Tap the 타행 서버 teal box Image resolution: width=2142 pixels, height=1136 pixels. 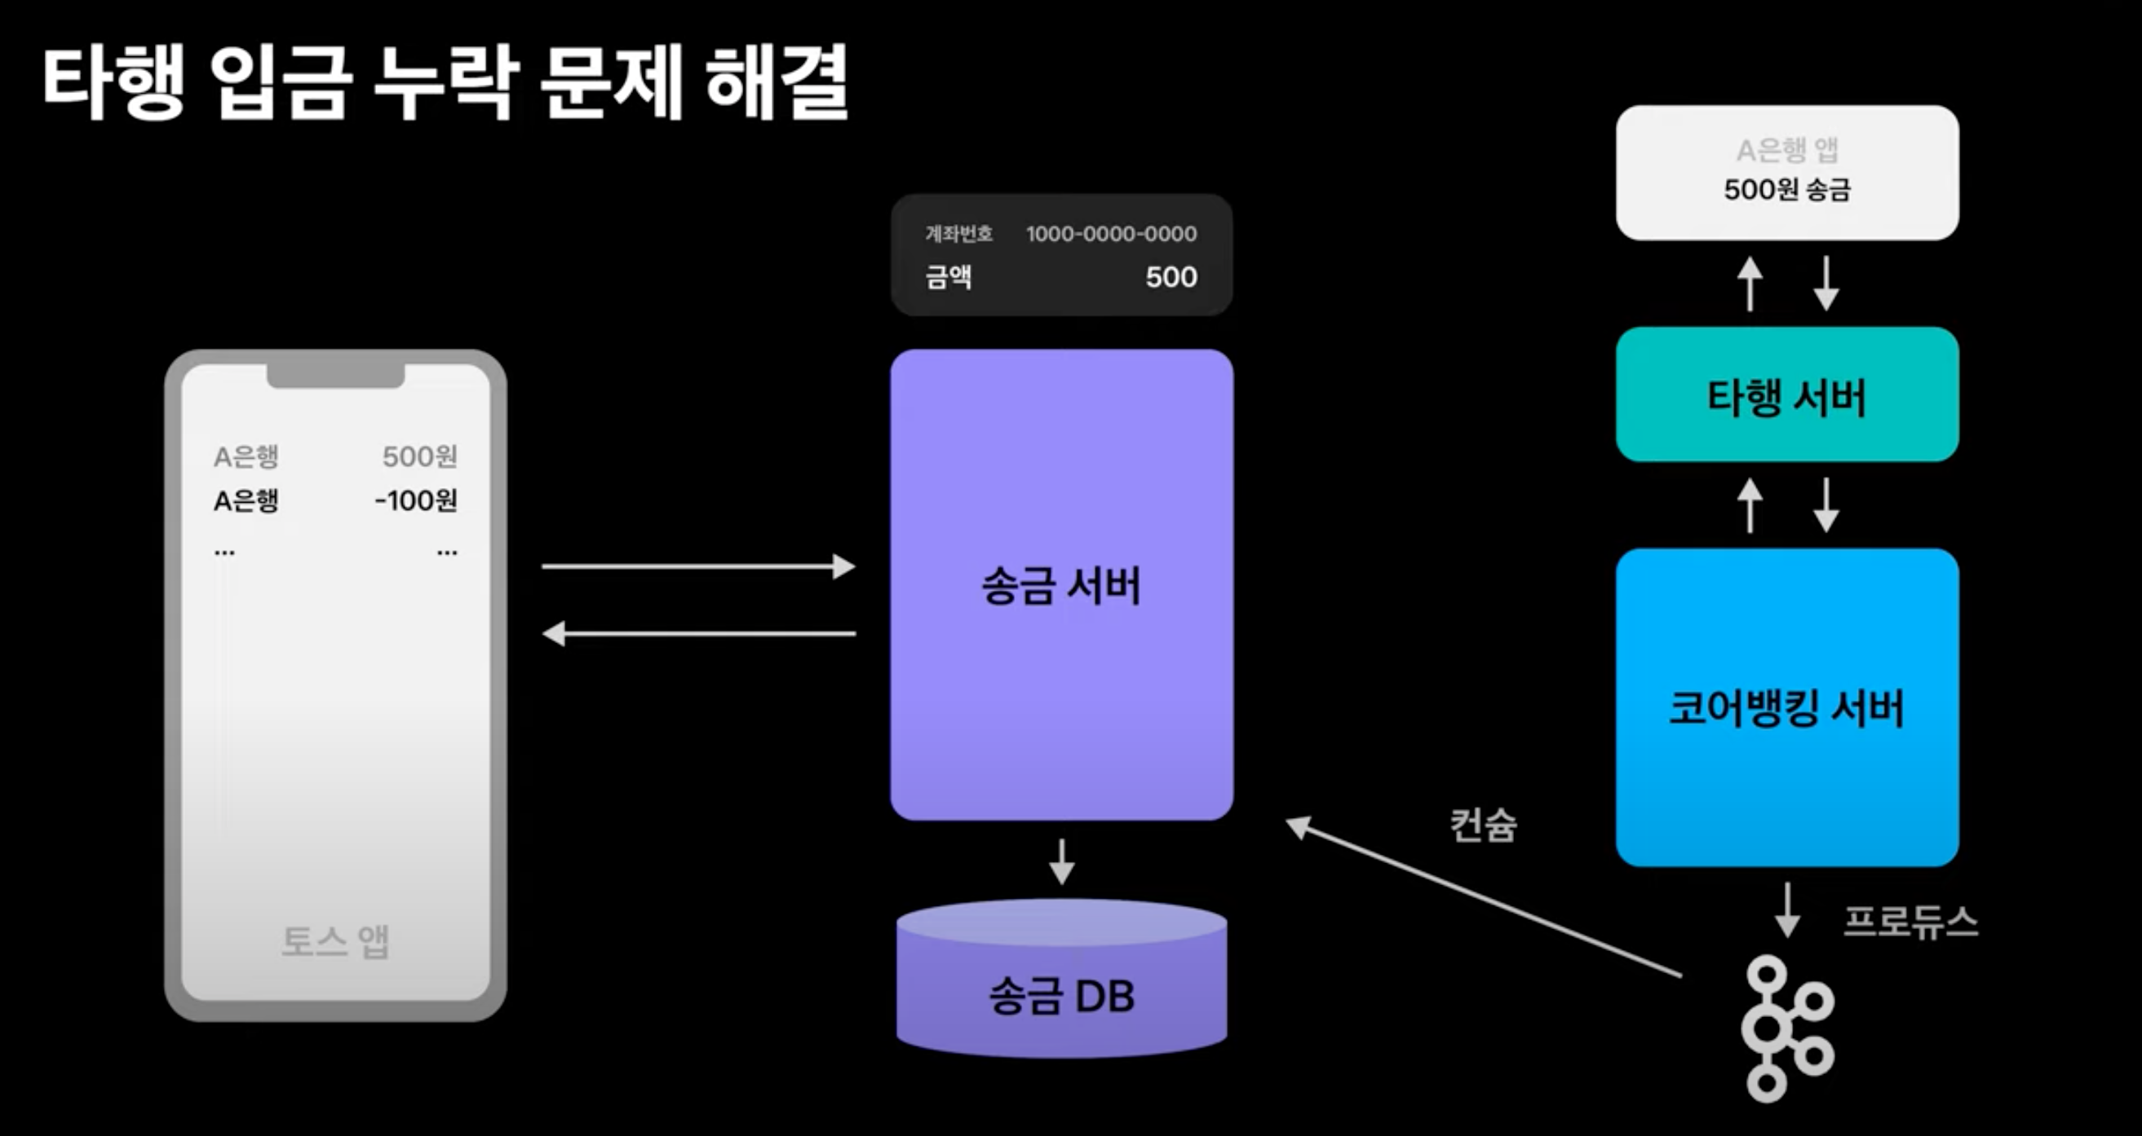[x=1787, y=394]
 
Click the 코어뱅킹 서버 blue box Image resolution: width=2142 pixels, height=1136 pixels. [x=1787, y=707]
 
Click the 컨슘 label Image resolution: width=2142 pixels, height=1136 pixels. [x=1483, y=826]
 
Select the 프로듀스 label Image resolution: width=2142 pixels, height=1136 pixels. [x=1910, y=922]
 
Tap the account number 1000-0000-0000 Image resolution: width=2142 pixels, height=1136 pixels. [x=1111, y=235]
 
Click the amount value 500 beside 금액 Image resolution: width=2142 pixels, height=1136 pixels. [x=1171, y=277]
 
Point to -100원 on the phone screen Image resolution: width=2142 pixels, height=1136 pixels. [x=416, y=500]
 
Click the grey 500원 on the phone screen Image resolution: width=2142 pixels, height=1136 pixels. [x=419, y=456]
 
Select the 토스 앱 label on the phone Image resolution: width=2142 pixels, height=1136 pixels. [x=335, y=941]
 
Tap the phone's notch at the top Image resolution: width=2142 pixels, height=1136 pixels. [x=335, y=376]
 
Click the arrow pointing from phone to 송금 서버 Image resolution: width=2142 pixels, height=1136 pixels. [x=698, y=566]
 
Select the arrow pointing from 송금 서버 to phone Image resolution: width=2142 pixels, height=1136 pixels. [x=698, y=634]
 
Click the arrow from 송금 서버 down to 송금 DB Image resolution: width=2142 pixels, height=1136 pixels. [x=1061, y=861]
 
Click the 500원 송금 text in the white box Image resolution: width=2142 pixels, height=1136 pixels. [x=1787, y=190]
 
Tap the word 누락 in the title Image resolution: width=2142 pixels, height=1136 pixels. [x=446, y=83]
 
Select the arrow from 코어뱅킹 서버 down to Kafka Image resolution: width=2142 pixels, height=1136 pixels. [x=1787, y=911]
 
